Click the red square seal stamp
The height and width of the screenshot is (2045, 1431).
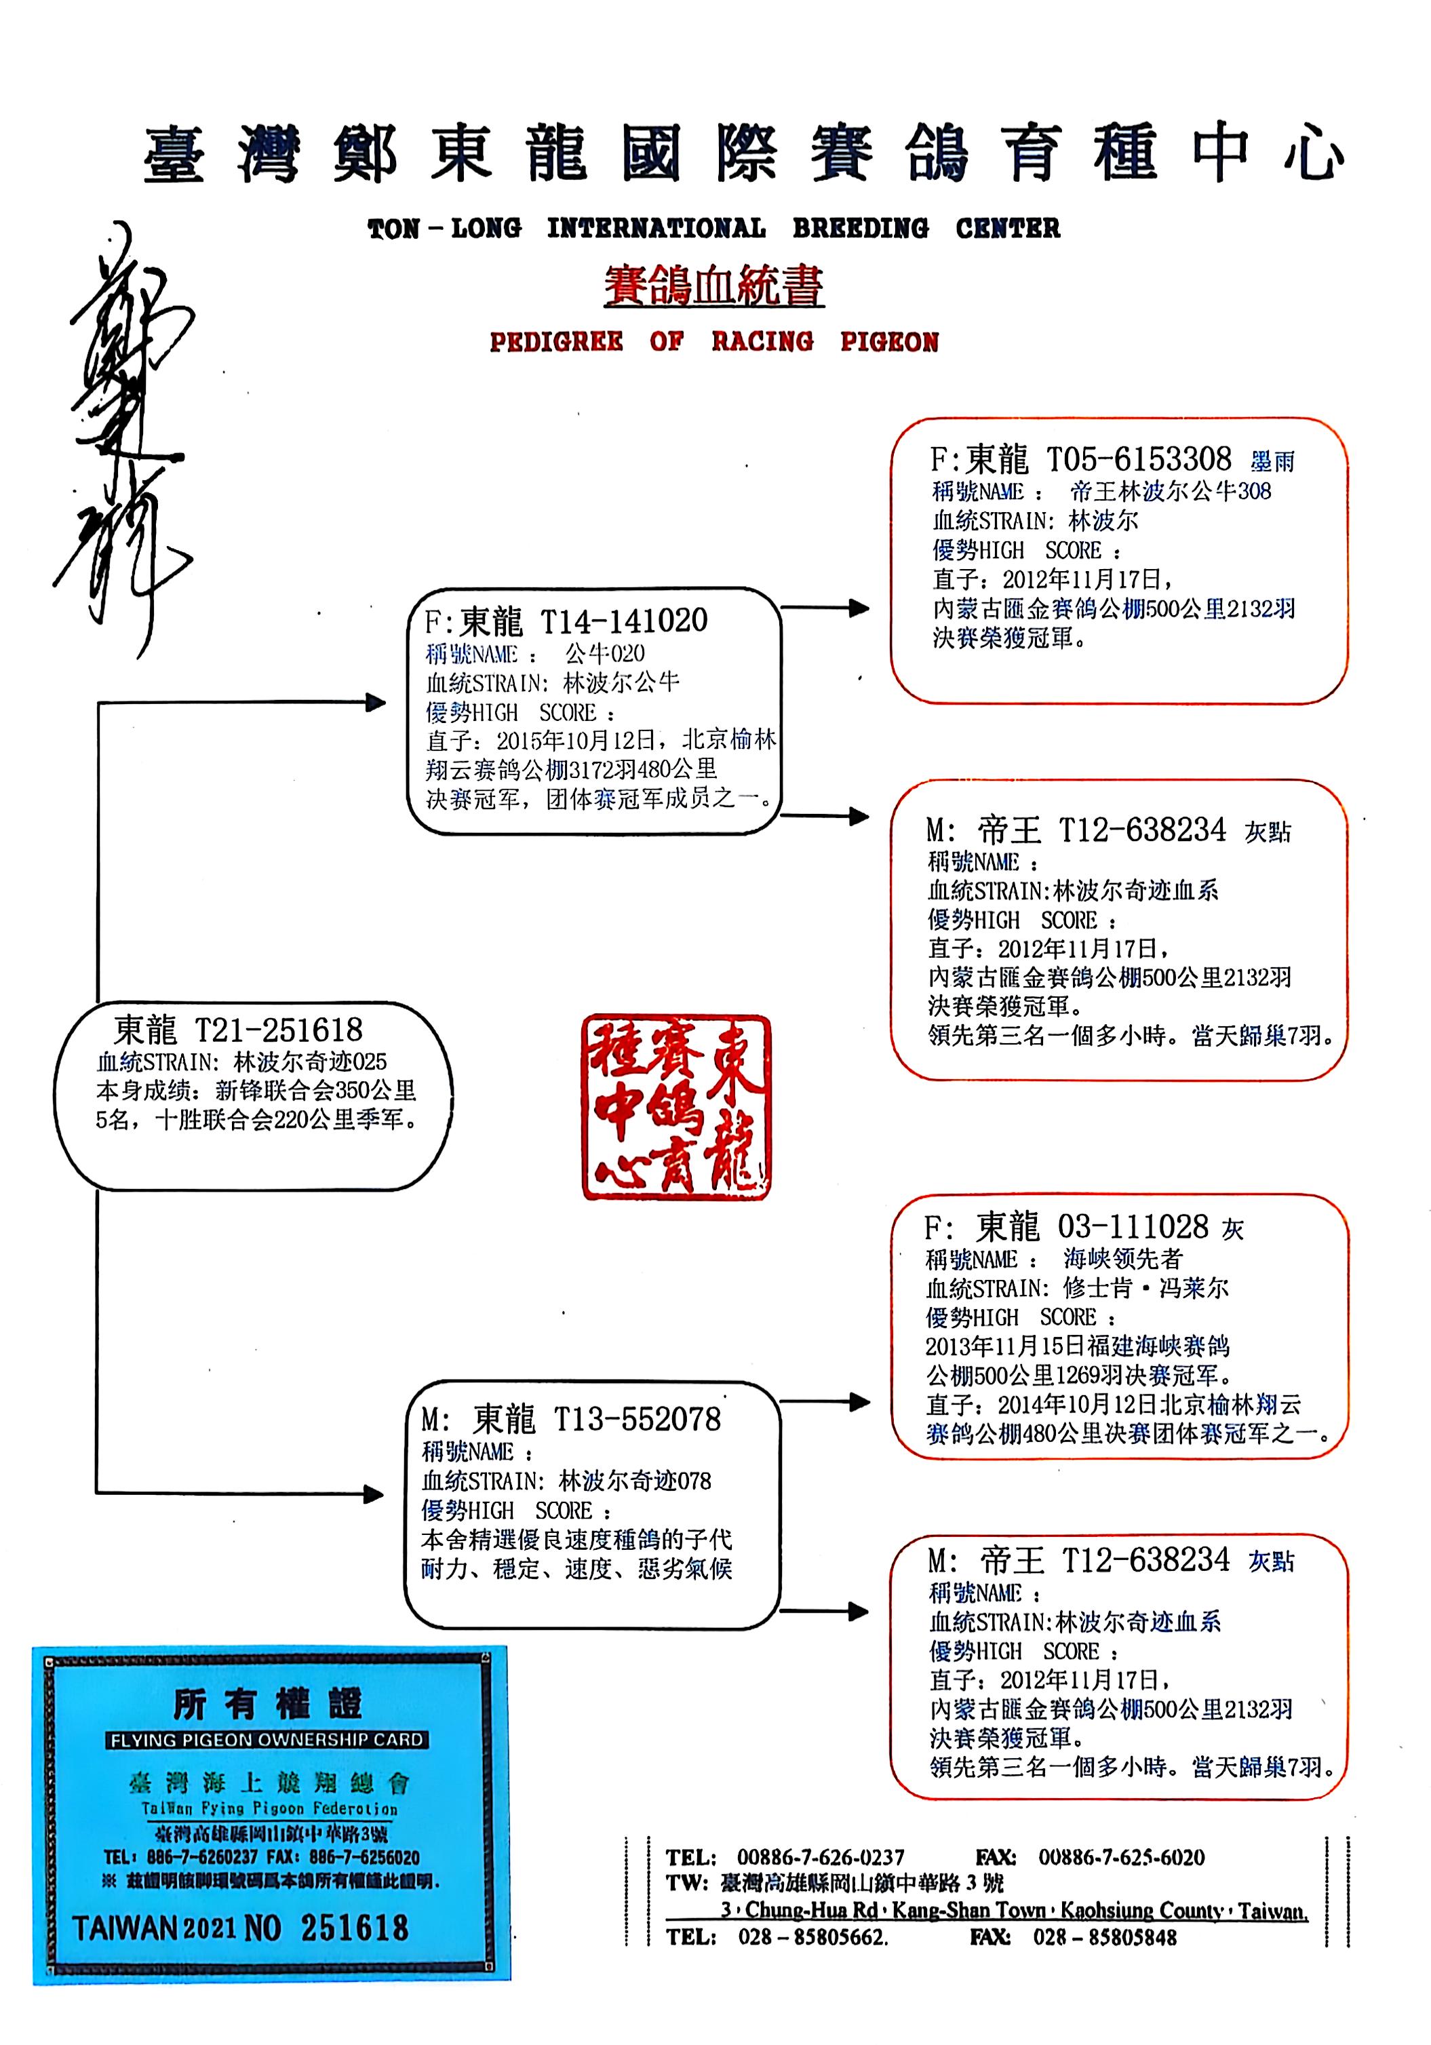coord(676,1106)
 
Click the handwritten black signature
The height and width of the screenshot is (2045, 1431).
coord(125,436)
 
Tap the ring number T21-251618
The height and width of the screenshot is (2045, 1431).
coord(278,1030)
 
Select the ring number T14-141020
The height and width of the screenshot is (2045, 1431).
coord(623,621)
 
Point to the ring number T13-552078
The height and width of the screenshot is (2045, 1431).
coord(637,1419)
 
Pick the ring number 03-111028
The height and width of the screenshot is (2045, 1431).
coord(1132,1228)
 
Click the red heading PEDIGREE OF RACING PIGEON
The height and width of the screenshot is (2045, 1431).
coord(713,342)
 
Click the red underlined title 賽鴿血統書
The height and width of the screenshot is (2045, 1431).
coord(713,287)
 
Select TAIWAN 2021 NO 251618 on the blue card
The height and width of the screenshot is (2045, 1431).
coord(241,1928)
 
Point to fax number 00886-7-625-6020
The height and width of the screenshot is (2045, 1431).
coord(1121,1857)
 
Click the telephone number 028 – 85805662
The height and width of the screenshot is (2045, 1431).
coord(812,1937)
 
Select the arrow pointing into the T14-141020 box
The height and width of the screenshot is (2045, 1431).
coord(374,703)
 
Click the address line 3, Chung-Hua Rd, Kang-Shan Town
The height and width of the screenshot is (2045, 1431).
coord(1013,1911)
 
